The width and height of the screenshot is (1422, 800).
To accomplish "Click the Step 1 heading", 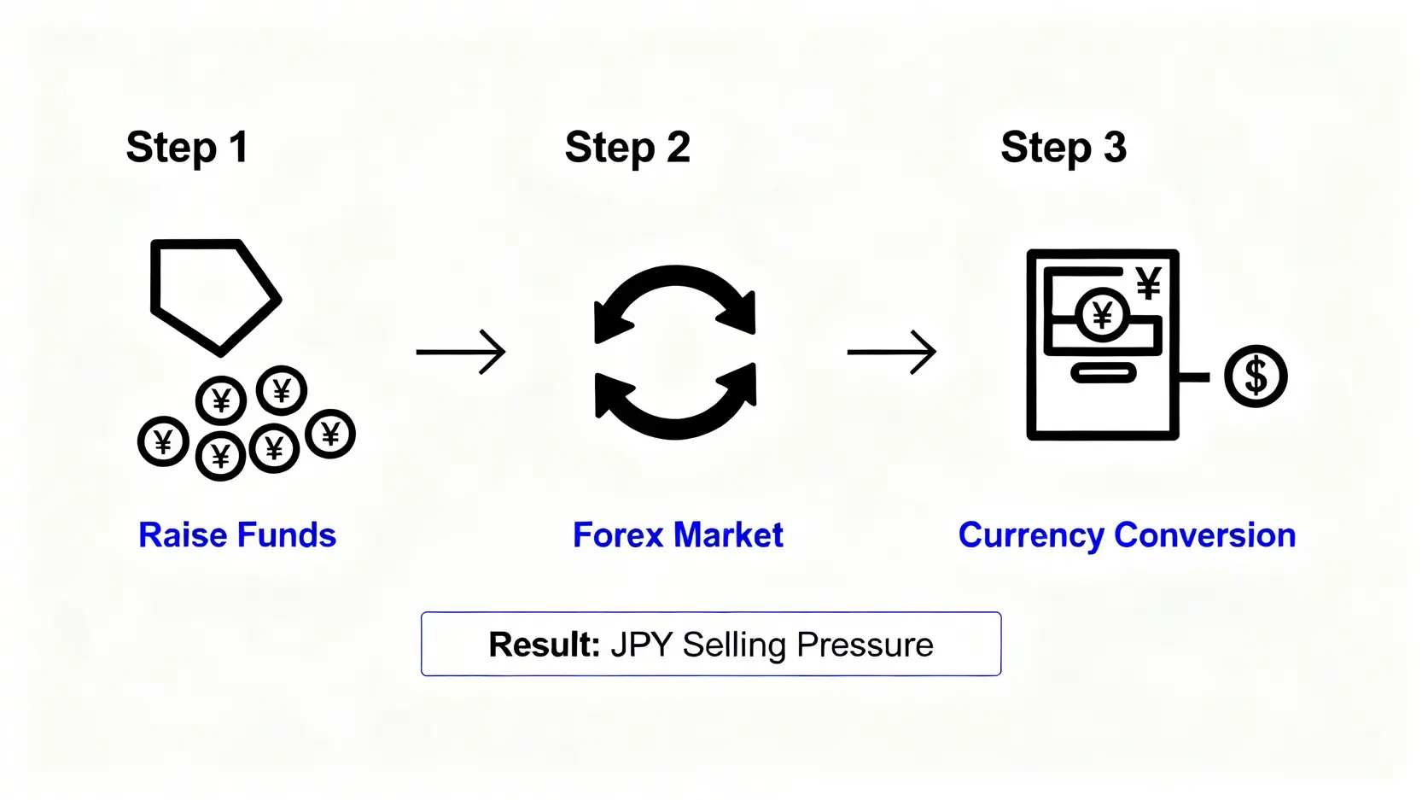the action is pyautogui.click(x=187, y=148).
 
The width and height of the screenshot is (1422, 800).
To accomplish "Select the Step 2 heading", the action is pyautogui.click(x=627, y=148).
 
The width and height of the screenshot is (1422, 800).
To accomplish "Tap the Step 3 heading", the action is pyautogui.click(x=1064, y=148).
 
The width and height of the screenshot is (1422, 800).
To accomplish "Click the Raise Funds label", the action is pyautogui.click(x=237, y=534).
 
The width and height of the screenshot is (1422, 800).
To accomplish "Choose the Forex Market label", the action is pyautogui.click(x=678, y=534).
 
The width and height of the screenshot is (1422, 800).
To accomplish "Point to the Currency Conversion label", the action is pyautogui.click(x=1127, y=535).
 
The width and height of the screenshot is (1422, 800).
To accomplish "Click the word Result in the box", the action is pyautogui.click(x=544, y=645).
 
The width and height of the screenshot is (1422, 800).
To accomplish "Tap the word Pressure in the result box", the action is pyautogui.click(x=865, y=645).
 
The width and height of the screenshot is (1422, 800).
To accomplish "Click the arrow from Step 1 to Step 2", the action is pyautogui.click(x=461, y=352).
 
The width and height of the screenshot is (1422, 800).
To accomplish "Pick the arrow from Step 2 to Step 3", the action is pyautogui.click(x=892, y=352).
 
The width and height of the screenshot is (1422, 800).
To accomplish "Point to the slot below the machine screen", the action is pyautogui.click(x=1104, y=373).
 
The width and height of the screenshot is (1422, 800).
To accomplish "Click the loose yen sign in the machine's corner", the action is pyautogui.click(x=1148, y=283).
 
